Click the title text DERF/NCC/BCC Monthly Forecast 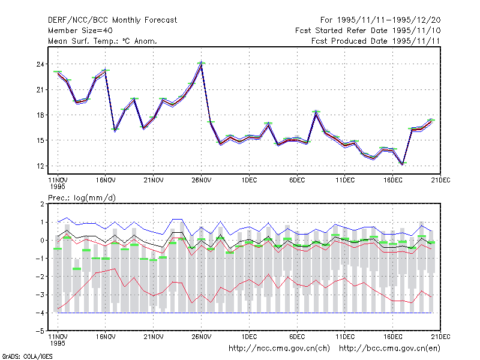pos(112,20)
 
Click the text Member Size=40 pos(80,31)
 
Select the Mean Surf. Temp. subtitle pos(103,41)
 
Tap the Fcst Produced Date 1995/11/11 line pos(376,41)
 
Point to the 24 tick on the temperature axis pos(40,64)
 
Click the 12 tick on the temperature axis pos(40,166)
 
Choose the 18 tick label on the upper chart pos(40,115)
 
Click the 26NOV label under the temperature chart pos(201,181)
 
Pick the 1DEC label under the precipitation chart pos(249,337)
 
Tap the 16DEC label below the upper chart pos(393,181)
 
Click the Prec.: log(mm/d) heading pos(82,198)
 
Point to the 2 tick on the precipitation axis pos(42,204)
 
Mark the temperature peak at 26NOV pos(201,64)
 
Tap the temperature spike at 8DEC pos(316,112)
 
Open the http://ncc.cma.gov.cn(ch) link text pos(279,349)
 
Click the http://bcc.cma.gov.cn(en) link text pos(389,349)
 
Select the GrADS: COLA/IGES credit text pos(27,356)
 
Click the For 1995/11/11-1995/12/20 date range pos(380,20)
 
